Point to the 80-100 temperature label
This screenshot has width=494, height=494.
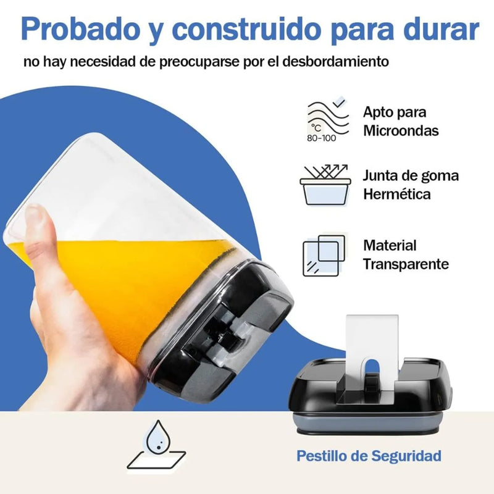[321, 138]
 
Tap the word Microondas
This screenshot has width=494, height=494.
[401, 131]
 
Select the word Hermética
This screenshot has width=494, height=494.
[397, 194]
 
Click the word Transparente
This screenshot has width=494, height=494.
[406, 264]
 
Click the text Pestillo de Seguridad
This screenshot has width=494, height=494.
[369, 456]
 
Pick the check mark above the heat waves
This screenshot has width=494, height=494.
[339, 101]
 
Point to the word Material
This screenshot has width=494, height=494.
[390, 245]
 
